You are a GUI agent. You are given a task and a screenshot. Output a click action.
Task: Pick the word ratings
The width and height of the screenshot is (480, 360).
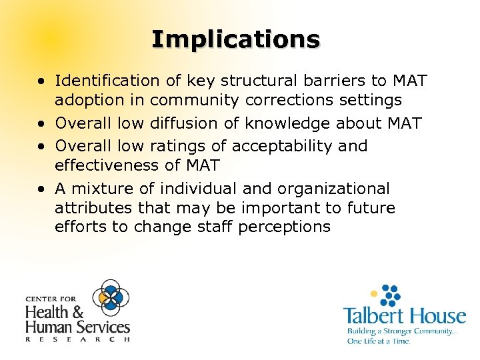point(175,145)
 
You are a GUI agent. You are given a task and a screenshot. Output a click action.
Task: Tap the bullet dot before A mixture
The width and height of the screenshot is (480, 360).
point(42,189)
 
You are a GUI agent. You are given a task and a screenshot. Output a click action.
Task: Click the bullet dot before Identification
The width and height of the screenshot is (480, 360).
point(42,81)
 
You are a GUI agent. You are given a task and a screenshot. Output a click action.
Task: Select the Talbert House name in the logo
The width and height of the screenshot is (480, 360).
point(404,315)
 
